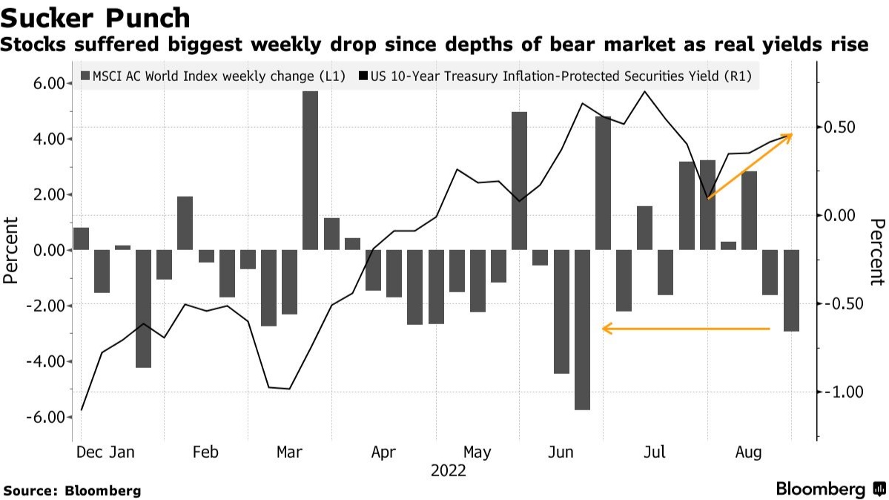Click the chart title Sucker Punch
(96, 18)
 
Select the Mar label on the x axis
(288, 453)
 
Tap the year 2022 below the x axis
(448, 471)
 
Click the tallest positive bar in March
(310, 171)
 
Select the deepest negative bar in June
(582, 329)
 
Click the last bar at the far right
(792, 290)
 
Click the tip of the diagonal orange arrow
(790, 135)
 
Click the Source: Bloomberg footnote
(72, 490)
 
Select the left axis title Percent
(11, 250)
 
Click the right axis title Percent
(878, 251)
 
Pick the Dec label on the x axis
(88, 453)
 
